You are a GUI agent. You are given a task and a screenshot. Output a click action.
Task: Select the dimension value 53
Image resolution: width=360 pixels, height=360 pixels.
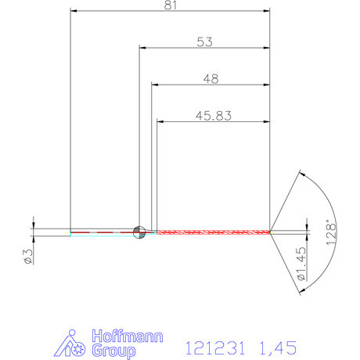tap(205, 41)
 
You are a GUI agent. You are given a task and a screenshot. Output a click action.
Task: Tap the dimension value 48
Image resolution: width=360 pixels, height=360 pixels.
tap(210, 78)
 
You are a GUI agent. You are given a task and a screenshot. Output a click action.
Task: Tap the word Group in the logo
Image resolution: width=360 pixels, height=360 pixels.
tap(111, 351)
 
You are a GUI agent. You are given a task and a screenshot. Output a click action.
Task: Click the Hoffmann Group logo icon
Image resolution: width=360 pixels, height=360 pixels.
tap(75, 345)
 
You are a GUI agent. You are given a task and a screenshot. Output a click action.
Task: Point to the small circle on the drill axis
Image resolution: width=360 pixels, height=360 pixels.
tap(139, 231)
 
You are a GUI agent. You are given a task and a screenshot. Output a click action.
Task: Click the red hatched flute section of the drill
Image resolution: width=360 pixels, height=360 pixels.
tap(211, 232)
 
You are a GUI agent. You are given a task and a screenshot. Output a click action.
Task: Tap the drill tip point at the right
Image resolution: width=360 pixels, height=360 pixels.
tap(270, 232)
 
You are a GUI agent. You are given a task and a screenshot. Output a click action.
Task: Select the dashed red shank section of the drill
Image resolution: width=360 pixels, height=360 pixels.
tap(102, 232)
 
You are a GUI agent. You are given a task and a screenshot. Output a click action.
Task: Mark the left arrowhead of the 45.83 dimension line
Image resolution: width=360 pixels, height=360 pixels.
tap(161, 121)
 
